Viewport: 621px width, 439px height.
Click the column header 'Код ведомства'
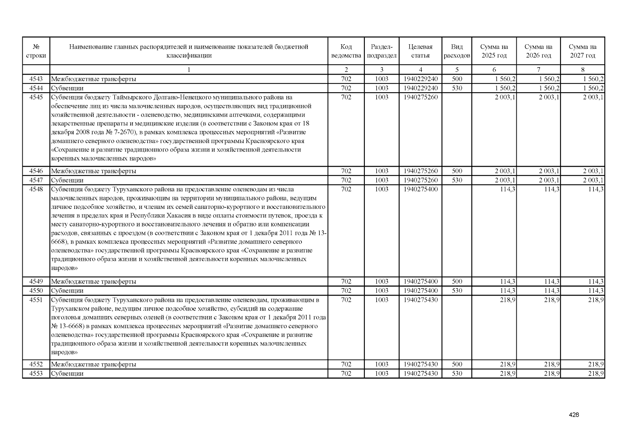(346, 51)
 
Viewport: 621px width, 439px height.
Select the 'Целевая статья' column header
(420, 51)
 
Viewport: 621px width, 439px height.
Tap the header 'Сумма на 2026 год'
(538, 51)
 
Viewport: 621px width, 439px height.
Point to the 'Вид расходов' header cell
(457, 51)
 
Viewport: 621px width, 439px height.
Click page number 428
(574, 415)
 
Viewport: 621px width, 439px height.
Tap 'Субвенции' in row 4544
(67, 88)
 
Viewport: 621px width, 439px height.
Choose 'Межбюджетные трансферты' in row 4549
(94, 282)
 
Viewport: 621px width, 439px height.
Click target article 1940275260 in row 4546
(420, 171)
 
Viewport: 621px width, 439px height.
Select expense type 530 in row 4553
(457, 374)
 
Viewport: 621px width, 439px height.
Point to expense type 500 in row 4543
(457, 79)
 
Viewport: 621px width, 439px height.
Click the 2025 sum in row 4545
(505, 97)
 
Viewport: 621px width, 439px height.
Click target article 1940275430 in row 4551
(420, 300)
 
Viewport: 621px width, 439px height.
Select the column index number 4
(420, 70)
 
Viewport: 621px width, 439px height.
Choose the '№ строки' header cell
(36, 51)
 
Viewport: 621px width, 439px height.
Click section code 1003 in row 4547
(381, 180)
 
